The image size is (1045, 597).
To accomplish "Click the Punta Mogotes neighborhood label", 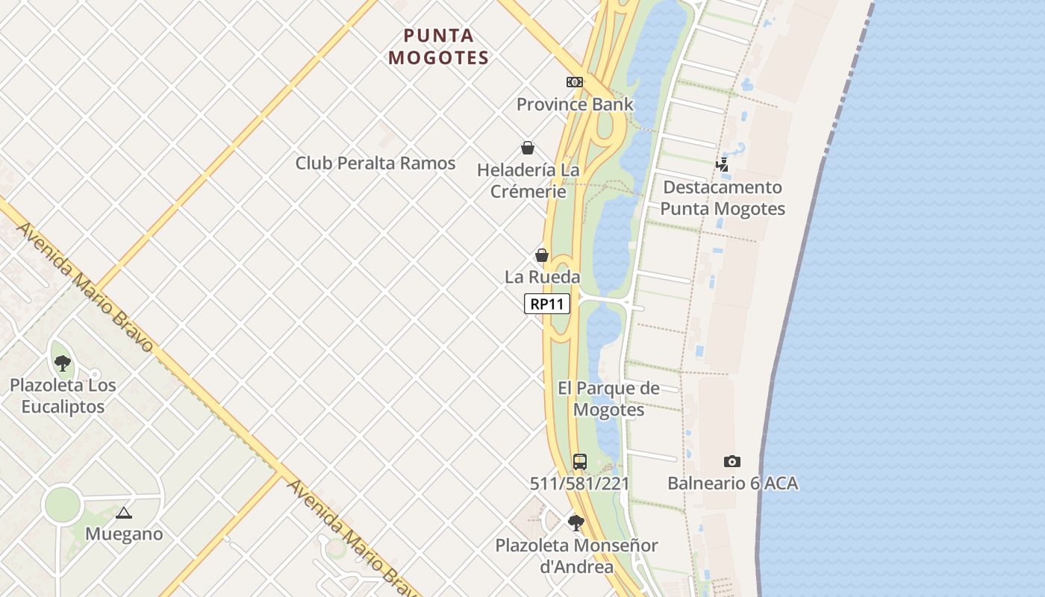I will point(439,46).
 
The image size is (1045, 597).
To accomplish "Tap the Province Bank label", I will point(575,104).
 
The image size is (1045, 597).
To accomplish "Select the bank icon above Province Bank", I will point(574,82).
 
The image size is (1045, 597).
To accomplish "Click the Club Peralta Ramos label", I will point(375,163).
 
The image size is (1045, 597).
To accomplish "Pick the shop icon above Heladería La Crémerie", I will point(528,148).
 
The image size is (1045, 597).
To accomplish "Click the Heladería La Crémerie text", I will point(528,181).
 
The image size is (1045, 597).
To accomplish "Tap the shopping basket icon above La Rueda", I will point(542,255).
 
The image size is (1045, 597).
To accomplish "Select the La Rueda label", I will point(542,278).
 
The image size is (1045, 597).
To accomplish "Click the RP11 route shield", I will point(546,304).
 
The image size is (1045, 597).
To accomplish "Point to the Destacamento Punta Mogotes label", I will point(723,198).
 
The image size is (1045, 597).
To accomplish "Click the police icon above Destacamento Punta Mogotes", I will point(722,164).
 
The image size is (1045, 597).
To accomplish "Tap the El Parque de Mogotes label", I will point(609,398).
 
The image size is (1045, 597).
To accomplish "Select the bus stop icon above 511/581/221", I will point(580,461).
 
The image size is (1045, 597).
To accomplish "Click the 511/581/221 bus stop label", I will point(580,484).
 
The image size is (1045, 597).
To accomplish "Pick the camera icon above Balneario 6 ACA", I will point(732,461).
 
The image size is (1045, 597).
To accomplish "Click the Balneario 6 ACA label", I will point(732,484).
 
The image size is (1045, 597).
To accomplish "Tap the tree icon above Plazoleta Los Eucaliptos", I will point(63,363).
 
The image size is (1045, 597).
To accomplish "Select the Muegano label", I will point(124,534).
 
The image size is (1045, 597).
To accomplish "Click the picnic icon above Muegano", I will point(124,513).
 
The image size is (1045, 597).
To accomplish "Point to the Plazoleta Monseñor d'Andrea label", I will point(576,556).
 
